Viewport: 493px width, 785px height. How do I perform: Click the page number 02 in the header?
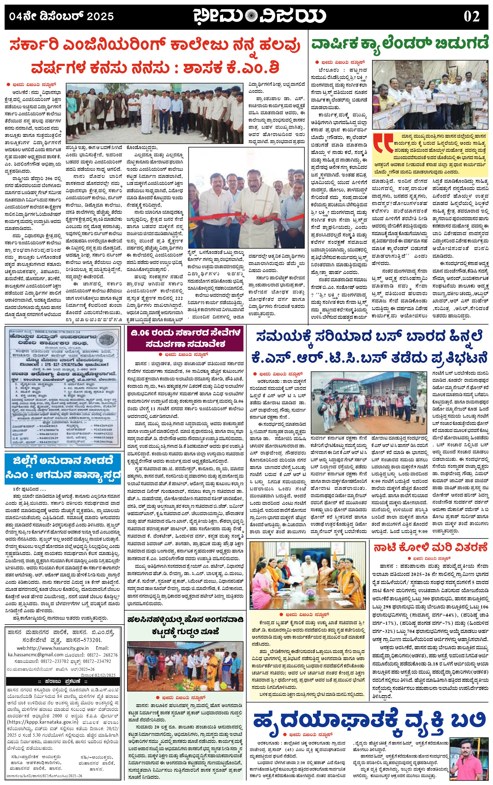pyautogui.click(x=471, y=17)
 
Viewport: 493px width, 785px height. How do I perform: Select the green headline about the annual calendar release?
pyautogui.click(x=400, y=44)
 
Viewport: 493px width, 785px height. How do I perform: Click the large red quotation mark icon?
pyautogui.click(x=383, y=143)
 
